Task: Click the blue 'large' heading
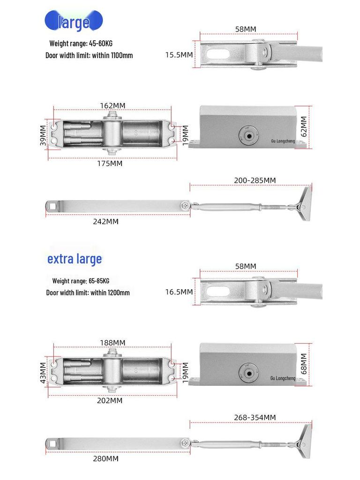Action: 74,22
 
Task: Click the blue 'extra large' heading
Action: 75,259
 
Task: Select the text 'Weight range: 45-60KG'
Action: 81,44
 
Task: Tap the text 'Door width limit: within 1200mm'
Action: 88,292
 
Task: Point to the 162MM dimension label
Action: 112,105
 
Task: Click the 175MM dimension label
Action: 110,164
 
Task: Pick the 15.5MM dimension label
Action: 179,55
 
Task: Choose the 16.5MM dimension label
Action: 179,292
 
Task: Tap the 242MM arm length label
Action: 105,221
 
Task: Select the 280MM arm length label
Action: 105,458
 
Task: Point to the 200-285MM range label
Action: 255,180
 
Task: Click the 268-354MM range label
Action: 255,417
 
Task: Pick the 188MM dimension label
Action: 112,343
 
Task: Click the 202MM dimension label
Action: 110,401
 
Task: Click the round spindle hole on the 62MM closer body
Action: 247,135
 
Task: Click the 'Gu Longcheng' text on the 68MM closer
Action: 283,378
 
